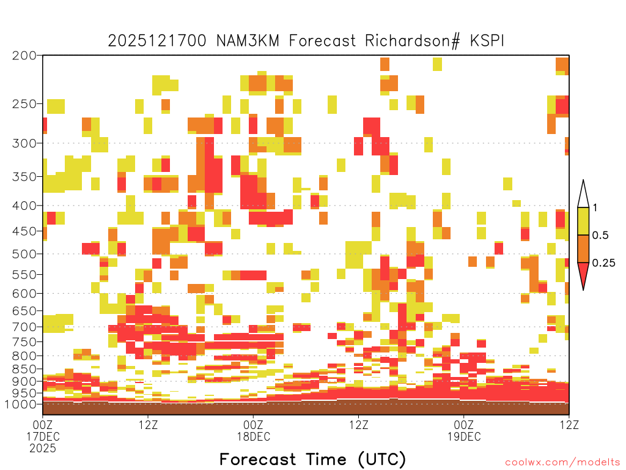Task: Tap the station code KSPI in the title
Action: point(487,41)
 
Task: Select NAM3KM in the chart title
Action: point(248,41)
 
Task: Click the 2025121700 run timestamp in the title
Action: point(157,41)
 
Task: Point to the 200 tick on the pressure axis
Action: point(24,56)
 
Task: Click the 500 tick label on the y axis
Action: point(24,254)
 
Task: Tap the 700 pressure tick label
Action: point(24,327)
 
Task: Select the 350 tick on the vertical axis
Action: point(24,177)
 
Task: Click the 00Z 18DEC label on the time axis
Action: point(254,430)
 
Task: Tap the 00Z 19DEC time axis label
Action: point(464,430)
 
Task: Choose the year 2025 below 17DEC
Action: point(43,449)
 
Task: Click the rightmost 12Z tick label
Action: point(569,425)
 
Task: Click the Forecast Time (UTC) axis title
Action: point(312,459)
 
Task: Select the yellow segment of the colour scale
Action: point(583,221)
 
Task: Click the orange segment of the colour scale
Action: point(583,248)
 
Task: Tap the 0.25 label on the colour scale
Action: point(603,263)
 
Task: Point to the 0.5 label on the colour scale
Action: point(600,236)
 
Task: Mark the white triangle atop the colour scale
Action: point(583,195)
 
